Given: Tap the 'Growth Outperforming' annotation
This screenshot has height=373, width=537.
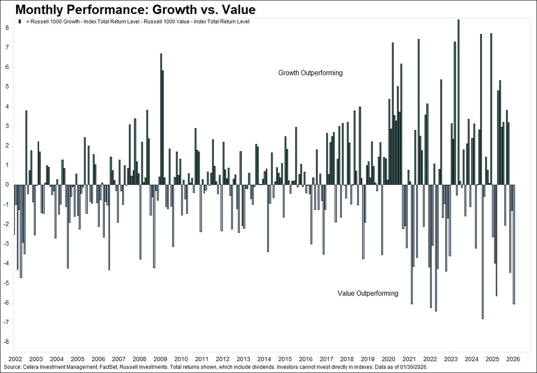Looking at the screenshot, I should [x=310, y=73].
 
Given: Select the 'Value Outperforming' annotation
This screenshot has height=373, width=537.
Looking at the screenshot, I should [x=367, y=293].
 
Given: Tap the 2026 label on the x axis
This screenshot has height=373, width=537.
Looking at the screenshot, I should [x=513, y=359].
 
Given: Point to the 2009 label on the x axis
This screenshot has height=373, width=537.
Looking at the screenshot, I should [x=160, y=359].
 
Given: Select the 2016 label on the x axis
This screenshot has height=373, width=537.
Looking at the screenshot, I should [x=305, y=359].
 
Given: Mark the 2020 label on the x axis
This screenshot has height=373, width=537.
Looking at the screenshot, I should [x=388, y=359].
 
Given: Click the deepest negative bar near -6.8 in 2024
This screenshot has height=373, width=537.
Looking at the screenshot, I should [x=482, y=252].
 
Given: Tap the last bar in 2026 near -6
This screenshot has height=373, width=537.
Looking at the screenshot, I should [x=514, y=244].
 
